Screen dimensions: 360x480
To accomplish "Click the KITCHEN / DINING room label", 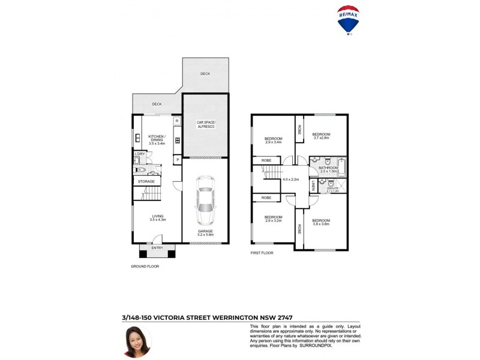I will point(157,139).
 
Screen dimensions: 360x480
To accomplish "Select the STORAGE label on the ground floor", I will point(146,181).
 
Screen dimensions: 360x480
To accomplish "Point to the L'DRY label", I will point(139,154).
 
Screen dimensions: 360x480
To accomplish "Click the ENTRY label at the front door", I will point(157,248).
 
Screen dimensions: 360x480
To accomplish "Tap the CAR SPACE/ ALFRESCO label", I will point(205,124).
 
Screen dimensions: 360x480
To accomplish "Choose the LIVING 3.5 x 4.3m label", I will point(157,218).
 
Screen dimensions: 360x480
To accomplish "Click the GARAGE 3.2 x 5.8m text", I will point(205,232).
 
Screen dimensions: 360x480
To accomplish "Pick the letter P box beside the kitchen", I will point(178,160).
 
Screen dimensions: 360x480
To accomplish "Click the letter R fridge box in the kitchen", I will point(177,121).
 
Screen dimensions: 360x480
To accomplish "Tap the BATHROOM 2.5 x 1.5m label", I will point(328,169).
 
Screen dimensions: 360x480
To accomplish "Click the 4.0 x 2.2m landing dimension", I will point(290,179).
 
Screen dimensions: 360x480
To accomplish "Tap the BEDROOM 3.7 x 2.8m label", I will point(322,136).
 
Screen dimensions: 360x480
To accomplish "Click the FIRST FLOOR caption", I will point(262,253).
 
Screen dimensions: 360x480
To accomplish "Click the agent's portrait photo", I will point(137,341).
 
